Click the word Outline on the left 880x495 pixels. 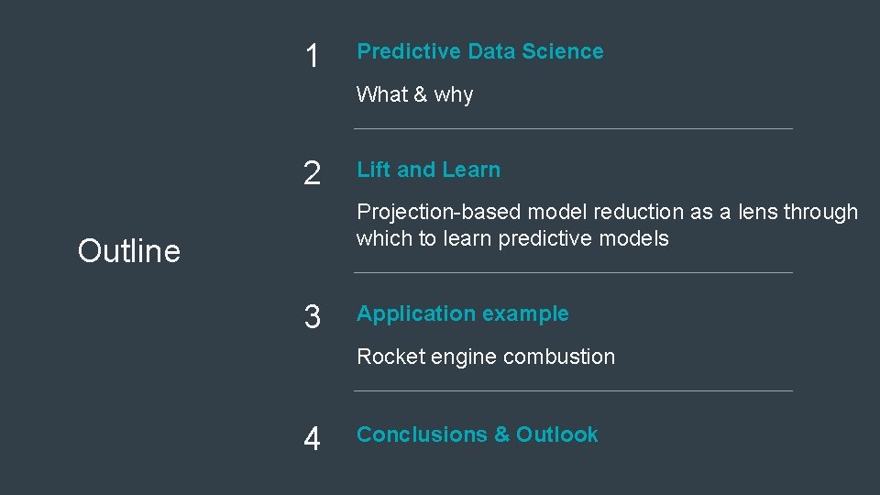pyautogui.click(x=129, y=250)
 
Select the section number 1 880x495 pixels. pyautogui.click(x=313, y=57)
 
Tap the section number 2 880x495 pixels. pyautogui.click(x=313, y=173)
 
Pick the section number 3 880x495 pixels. pyautogui.click(x=313, y=317)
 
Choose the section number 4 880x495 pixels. pyautogui.click(x=313, y=439)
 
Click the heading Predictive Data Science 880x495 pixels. pyautogui.click(x=479, y=51)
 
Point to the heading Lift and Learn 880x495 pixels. pyautogui.click(x=428, y=170)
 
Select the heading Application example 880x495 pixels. pyautogui.click(x=462, y=313)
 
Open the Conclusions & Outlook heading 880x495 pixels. pyautogui.click(x=477, y=434)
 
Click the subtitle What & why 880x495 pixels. pyautogui.click(x=414, y=94)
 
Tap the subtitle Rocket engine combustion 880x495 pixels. pyautogui.click(x=485, y=357)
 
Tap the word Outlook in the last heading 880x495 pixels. pyautogui.click(x=556, y=434)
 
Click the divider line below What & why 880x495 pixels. pyautogui.click(x=573, y=129)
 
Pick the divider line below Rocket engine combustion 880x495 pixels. pyautogui.click(x=573, y=391)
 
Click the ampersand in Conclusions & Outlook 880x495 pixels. pyautogui.click(x=501, y=434)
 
